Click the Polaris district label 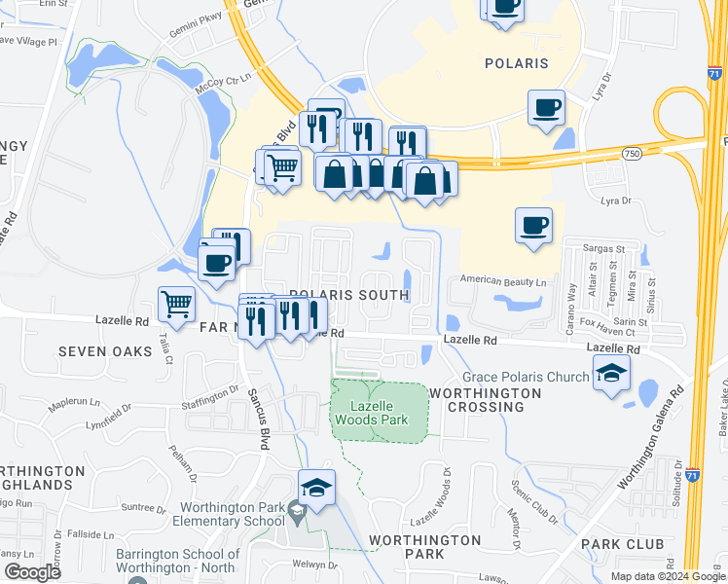tap(516, 63)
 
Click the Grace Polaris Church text tap(526, 377)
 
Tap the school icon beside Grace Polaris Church tap(611, 373)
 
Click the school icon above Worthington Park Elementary tap(317, 488)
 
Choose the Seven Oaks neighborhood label tap(105, 350)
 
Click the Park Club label tap(622, 543)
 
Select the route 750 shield tap(632, 153)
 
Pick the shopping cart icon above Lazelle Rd tap(176, 304)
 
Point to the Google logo tap(31, 572)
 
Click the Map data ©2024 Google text tap(668, 576)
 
